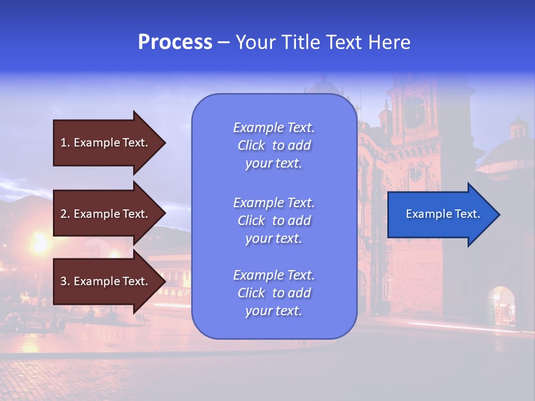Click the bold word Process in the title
tap(175, 42)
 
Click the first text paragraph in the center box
tap(274, 145)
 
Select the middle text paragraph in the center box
tap(274, 221)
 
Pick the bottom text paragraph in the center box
tap(274, 293)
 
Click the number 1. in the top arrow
tap(65, 143)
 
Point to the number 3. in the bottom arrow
tap(65, 281)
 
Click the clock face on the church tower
tap(416, 174)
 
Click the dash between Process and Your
tap(223, 42)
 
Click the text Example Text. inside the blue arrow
tap(443, 214)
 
